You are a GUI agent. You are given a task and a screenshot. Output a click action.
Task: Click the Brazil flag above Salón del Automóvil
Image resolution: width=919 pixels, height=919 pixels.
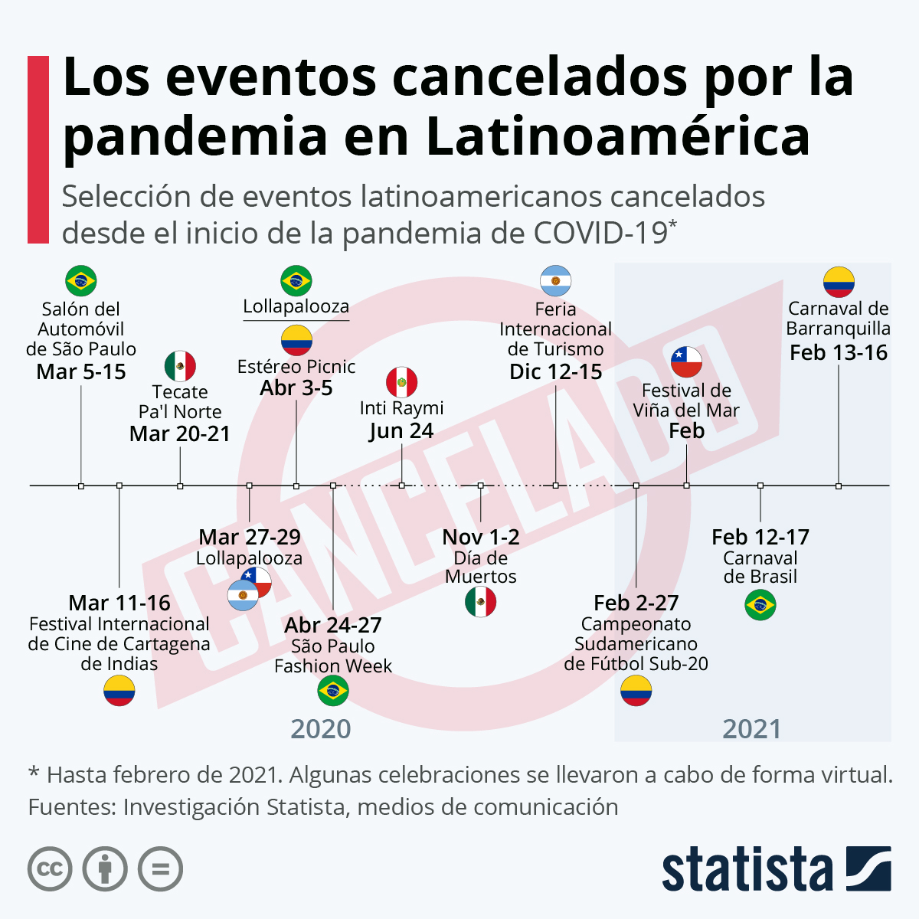click(81, 281)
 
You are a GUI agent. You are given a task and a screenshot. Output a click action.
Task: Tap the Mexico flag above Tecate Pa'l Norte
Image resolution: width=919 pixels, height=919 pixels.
click(180, 366)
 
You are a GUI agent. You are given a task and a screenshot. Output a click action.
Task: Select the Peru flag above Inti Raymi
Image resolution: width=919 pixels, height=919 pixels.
click(401, 382)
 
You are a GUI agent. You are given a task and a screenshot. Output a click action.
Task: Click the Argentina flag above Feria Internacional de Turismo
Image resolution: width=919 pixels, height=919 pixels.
click(556, 281)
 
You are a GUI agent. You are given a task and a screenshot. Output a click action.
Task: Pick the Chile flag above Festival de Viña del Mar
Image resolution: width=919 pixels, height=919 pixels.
click(686, 361)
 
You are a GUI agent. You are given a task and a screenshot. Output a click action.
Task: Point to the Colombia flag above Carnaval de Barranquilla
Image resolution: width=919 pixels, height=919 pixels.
click(839, 282)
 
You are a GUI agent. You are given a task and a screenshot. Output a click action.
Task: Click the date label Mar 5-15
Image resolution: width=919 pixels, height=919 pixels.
click(81, 372)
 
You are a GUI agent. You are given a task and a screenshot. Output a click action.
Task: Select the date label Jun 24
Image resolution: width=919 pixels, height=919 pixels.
click(401, 431)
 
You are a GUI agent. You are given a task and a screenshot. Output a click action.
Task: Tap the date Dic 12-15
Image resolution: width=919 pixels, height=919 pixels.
click(556, 372)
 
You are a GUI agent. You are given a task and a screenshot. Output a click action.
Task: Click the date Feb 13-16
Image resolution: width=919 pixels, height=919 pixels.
click(839, 353)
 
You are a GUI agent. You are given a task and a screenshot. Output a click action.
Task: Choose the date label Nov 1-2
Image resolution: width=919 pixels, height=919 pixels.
click(481, 538)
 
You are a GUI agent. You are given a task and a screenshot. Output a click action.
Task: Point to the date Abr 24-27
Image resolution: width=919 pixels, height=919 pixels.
click(333, 626)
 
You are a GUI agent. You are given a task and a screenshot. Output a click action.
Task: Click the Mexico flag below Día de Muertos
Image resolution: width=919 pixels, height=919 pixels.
click(481, 603)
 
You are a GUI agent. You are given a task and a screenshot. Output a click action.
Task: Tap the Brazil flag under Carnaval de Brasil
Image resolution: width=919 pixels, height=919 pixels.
click(760, 606)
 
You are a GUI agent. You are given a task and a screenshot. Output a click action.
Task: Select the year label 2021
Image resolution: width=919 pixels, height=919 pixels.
click(752, 729)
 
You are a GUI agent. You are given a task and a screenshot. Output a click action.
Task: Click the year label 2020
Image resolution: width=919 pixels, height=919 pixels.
click(321, 729)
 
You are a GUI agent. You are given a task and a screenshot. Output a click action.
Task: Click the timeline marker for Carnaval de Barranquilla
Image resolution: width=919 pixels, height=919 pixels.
click(839, 486)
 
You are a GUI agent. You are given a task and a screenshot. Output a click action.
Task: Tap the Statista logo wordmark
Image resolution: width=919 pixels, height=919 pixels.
click(747, 870)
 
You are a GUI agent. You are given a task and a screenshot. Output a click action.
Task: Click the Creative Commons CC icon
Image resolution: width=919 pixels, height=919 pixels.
click(50, 869)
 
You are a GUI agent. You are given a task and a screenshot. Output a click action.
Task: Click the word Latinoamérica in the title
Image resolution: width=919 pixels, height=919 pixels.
click(617, 136)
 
